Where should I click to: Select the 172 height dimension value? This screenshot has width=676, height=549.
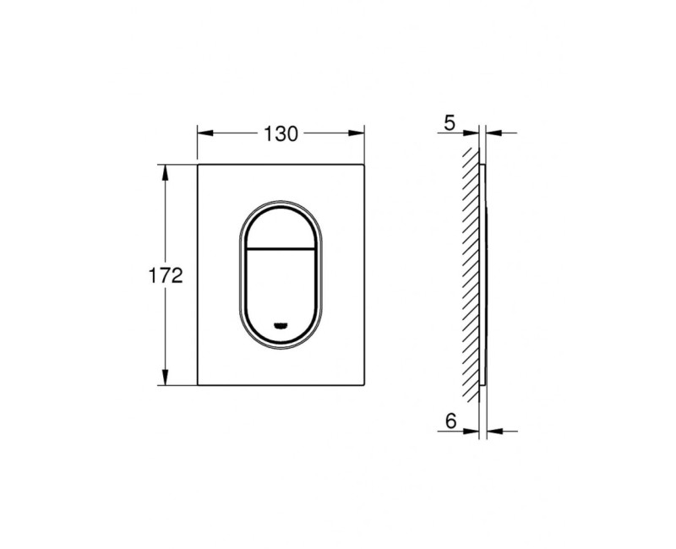point(166,275)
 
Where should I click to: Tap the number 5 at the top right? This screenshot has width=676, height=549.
point(449,123)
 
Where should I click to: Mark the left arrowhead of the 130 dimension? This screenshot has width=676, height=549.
point(204,133)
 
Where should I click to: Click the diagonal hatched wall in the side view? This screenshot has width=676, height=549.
point(469,270)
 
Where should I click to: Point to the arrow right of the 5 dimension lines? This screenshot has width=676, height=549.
point(494,133)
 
